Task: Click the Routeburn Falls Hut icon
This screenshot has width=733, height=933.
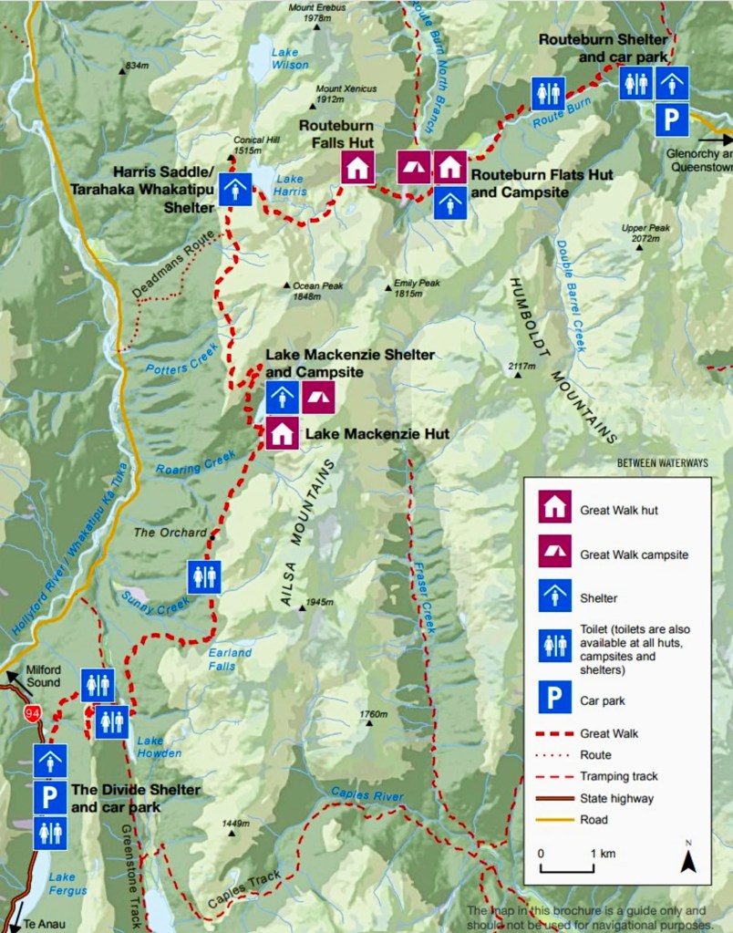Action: pos(357,168)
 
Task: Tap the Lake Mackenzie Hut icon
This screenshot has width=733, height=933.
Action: pos(281,433)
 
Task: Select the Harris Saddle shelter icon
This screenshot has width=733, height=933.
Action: pos(235,189)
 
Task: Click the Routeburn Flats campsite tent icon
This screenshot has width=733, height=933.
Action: pos(413,168)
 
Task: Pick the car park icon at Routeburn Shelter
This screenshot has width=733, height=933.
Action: pos(672,119)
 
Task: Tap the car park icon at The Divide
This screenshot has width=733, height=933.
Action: pos(50,797)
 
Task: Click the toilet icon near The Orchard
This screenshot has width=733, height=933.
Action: pos(204,577)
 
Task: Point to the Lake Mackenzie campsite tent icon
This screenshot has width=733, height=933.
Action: pos(317,398)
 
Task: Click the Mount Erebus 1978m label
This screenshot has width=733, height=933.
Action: pos(309,13)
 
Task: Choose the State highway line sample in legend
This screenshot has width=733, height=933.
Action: pos(554,798)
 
